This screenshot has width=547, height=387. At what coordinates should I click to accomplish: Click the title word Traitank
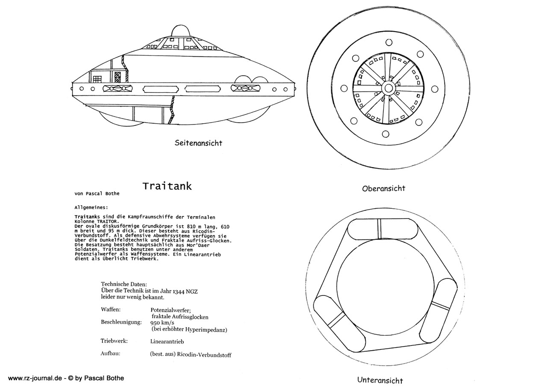167,186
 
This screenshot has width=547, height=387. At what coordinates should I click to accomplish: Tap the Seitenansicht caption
198,143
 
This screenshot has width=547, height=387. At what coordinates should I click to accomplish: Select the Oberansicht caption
383,189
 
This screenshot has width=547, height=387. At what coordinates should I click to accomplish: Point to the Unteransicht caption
380,380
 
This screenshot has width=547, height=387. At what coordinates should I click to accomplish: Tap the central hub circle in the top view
388,89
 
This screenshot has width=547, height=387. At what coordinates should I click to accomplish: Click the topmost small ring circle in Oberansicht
389,42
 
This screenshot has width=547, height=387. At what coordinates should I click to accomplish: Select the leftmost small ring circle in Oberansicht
344,89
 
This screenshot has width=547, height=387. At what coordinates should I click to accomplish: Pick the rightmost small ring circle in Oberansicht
435,89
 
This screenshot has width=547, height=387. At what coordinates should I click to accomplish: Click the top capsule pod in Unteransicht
382,229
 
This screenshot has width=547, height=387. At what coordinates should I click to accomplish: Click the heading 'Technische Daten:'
124,284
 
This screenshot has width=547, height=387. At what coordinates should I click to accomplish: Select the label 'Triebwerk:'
114,341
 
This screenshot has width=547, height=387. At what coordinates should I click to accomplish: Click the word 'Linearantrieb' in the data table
167,342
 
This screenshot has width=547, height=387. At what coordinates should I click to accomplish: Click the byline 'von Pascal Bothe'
97,194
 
